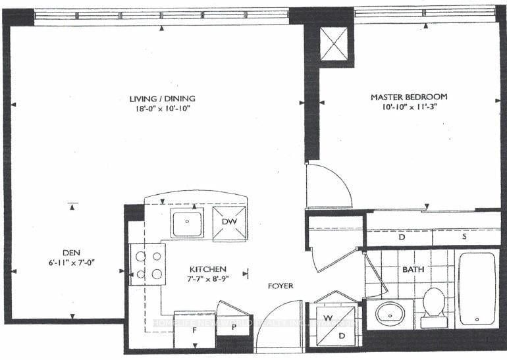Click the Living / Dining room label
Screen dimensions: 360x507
point(162,99)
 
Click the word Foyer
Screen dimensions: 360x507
point(280,286)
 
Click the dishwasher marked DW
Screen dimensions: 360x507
point(229,222)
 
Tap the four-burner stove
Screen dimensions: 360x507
point(148,264)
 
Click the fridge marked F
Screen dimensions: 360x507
point(194,327)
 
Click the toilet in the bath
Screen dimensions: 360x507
point(434,305)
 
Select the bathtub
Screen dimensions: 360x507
point(475,289)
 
